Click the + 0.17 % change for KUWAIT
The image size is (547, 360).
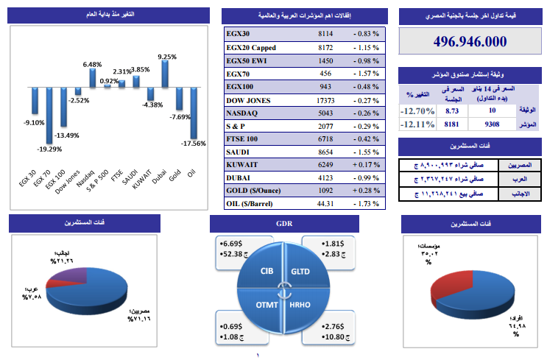[365, 163]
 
